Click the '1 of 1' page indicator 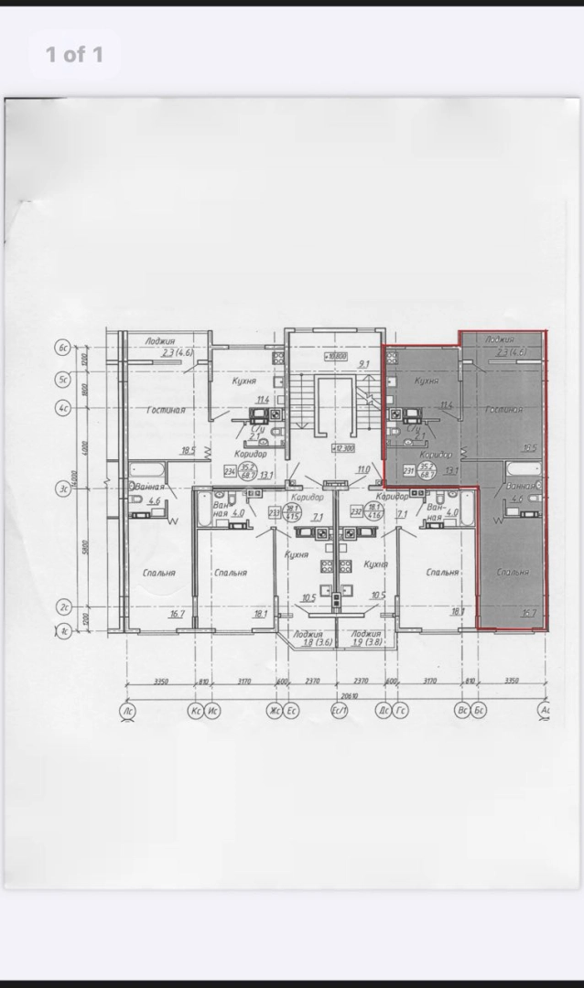pyautogui.click(x=74, y=55)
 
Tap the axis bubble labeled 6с pyautogui.click(x=63, y=348)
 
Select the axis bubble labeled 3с pyautogui.click(x=63, y=489)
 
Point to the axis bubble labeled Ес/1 pyautogui.click(x=339, y=710)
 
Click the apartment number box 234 pyautogui.click(x=230, y=472)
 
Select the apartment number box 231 pyautogui.click(x=409, y=472)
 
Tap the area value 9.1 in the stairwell pyautogui.click(x=363, y=365)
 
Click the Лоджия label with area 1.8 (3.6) pyautogui.click(x=308, y=638)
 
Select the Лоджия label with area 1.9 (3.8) pyautogui.click(x=365, y=638)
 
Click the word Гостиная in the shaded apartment pyautogui.click(x=503, y=410)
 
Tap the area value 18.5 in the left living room pyautogui.click(x=189, y=450)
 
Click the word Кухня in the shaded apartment pyautogui.click(x=425, y=381)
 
